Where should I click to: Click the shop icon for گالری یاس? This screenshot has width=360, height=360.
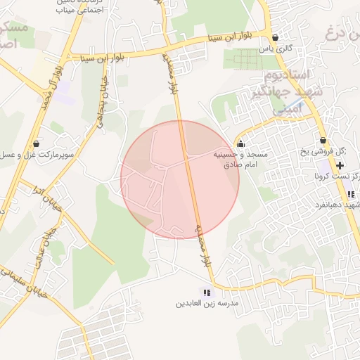[x=275, y=38]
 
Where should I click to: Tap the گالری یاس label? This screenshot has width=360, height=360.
[x=275, y=49]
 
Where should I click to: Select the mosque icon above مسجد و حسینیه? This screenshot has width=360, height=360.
[x=241, y=144]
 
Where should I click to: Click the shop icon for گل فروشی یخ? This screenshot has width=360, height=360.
[x=323, y=141]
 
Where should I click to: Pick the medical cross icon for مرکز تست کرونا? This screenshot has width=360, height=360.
[x=340, y=165]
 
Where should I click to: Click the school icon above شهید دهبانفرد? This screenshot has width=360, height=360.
[x=350, y=195]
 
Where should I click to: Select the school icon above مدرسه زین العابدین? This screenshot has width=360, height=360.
[x=207, y=292]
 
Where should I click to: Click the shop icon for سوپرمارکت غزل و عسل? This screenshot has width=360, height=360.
[x=36, y=143]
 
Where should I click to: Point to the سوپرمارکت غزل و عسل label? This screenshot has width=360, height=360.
[x=38, y=154]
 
